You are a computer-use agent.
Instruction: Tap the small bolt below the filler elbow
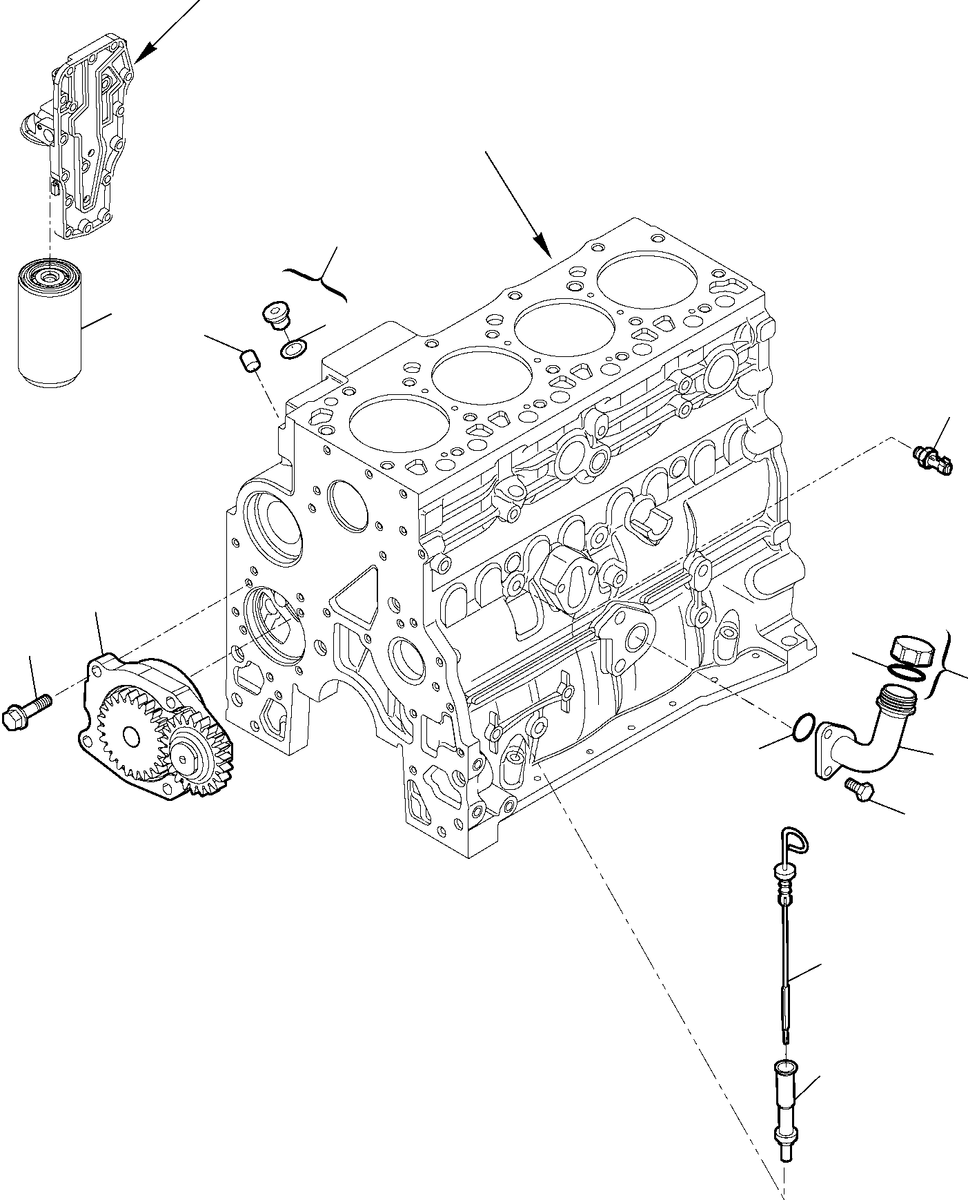pyautogui.click(x=858, y=789)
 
